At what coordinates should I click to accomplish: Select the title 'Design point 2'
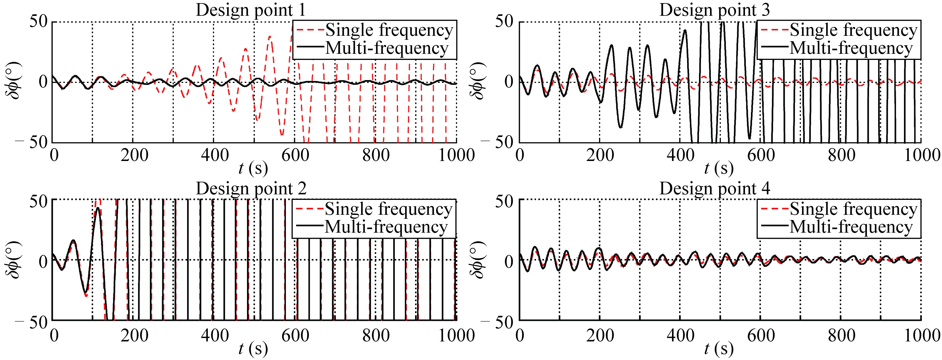[x=251, y=189]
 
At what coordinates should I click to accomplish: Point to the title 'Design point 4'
[x=715, y=189]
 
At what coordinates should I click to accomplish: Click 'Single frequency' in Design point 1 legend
[x=389, y=30]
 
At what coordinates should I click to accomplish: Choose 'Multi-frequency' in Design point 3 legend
[x=851, y=48]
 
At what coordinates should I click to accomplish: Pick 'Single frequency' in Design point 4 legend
[x=853, y=209]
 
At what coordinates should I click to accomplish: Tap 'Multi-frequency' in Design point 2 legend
[x=386, y=227]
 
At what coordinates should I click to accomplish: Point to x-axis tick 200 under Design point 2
[x=134, y=335]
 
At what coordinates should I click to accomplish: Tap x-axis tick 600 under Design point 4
[x=761, y=335]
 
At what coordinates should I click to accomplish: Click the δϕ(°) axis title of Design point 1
[x=14, y=81]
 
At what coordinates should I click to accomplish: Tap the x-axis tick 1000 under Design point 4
[x=922, y=335]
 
